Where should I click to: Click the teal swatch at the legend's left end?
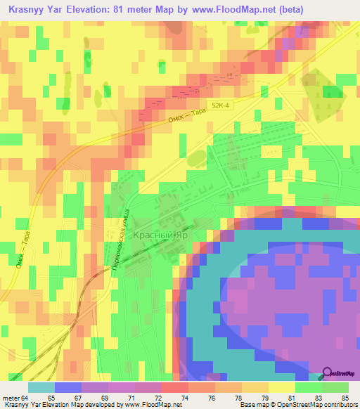[x=41, y=387]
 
